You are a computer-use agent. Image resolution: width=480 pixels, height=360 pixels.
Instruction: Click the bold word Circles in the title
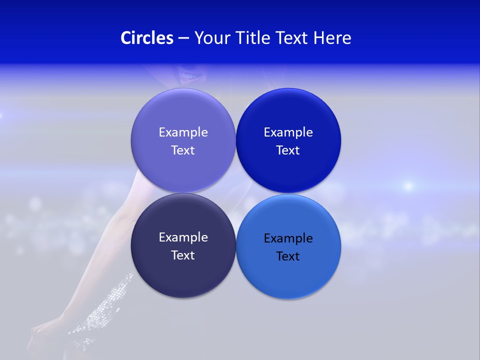(x=147, y=37)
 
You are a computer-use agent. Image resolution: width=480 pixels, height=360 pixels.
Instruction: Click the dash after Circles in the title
(x=183, y=38)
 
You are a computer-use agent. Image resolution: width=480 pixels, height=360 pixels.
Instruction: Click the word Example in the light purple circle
(x=183, y=132)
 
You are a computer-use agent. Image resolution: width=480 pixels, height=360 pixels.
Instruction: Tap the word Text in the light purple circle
(x=183, y=150)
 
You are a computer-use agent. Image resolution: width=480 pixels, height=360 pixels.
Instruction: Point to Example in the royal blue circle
(x=288, y=132)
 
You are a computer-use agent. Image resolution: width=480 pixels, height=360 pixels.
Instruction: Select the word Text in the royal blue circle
(x=288, y=150)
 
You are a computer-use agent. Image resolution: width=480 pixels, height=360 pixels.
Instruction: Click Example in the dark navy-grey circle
(x=183, y=237)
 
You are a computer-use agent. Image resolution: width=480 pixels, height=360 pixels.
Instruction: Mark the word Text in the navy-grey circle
(x=183, y=255)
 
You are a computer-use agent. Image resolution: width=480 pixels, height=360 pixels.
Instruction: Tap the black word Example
(x=288, y=238)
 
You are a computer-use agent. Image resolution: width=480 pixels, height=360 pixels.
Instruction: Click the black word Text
(x=288, y=256)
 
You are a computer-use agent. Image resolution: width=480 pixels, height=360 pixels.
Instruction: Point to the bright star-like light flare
(x=408, y=186)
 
